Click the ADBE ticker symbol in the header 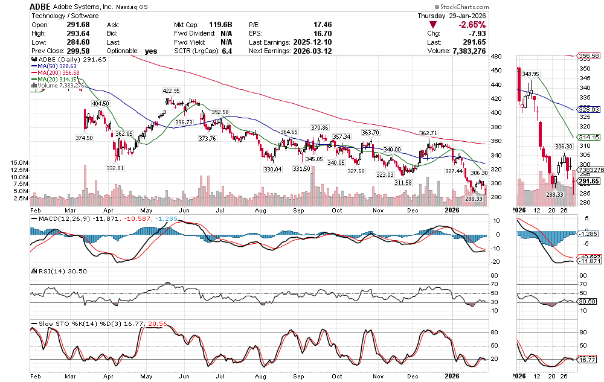[x=41, y=6]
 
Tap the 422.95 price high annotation [x=171, y=91]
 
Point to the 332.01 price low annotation [x=115, y=167]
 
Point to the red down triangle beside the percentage [x=432, y=25]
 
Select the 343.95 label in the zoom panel [x=530, y=74]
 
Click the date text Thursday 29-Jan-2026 [x=451, y=16]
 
